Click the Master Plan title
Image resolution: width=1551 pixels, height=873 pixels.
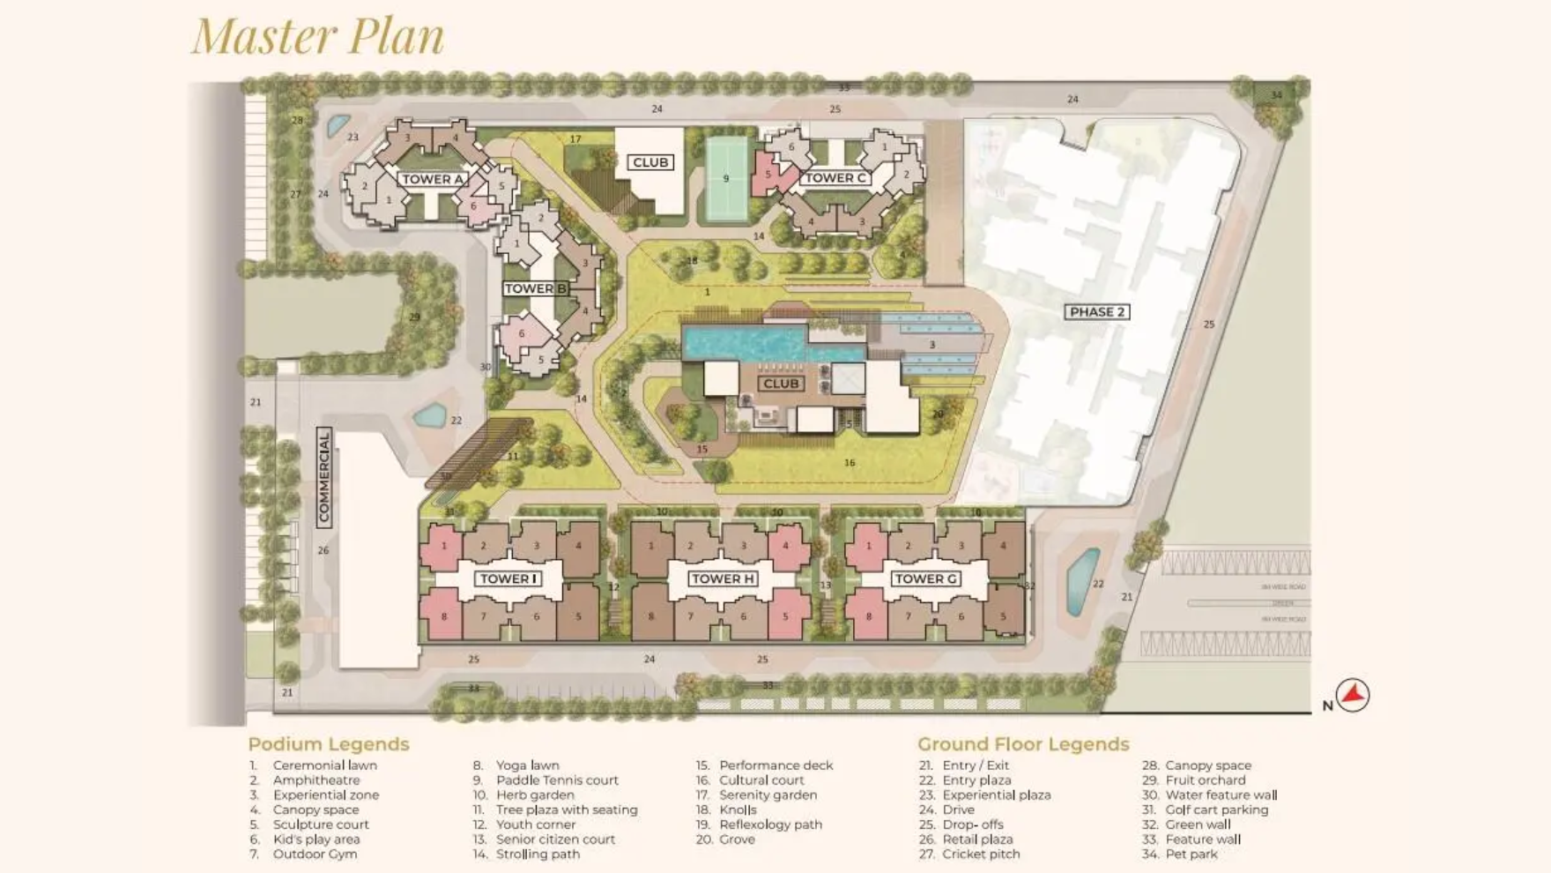click(x=318, y=36)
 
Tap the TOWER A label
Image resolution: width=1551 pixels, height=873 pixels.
click(x=433, y=179)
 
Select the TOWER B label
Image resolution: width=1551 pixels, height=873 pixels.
click(x=535, y=288)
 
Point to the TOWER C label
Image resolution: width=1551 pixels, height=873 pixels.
click(x=835, y=177)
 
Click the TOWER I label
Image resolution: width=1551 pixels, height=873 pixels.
click(x=508, y=578)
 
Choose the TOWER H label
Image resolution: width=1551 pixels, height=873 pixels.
click(x=723, y=578)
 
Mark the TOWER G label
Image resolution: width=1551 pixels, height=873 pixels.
click(x=925, y=578)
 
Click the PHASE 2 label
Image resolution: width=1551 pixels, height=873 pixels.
click(x=1096, y=311)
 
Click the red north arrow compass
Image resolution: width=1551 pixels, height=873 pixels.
click(x=1352, y=695)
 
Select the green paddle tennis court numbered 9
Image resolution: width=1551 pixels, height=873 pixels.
click(x=726, y=179)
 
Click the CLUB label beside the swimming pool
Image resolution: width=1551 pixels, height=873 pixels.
click(x=781, y=384)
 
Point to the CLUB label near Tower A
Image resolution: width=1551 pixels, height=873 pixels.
click(x=650, y=162)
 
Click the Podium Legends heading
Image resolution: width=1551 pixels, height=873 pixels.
click(x=329, y=744)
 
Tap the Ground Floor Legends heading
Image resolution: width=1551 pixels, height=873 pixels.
click(x=1023, y=744)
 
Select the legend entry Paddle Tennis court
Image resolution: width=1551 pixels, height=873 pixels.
click(x=557, y=780)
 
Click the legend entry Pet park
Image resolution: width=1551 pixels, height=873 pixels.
click(x=1191, y=854)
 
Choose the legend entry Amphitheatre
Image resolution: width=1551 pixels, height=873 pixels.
click(x=316, y=780)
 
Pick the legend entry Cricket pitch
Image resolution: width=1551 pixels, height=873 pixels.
click(x=981, y=854)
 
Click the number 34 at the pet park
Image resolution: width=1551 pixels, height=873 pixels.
click(x=1276, y=94)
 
